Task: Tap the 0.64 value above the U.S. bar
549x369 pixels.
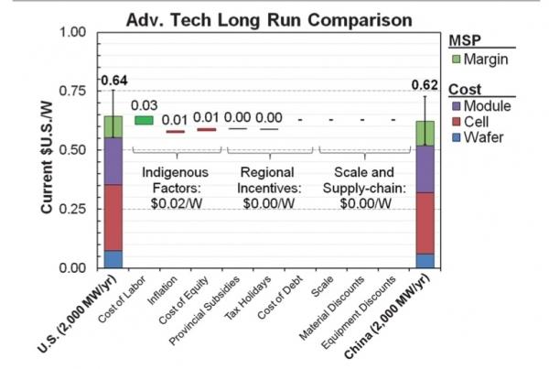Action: pos(113,77)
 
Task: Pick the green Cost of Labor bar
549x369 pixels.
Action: pos(144,119)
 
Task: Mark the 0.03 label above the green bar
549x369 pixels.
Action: pos(144,105)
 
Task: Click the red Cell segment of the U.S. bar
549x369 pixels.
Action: pos(113,217)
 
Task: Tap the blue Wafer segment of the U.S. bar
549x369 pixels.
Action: pos(113,259)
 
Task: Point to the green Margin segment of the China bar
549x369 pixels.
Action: pos(425,133)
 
